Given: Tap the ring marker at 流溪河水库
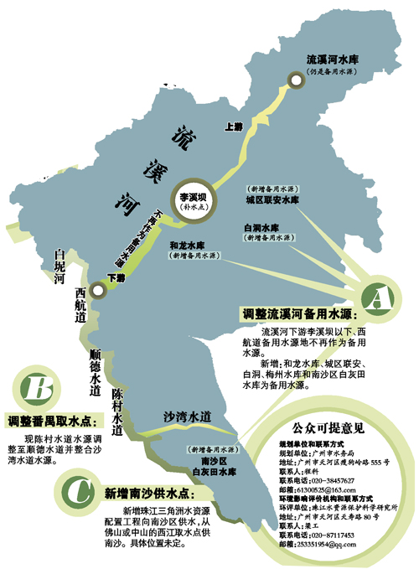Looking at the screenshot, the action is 296,80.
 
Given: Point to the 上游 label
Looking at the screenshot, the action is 234,127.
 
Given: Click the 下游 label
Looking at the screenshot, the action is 115,278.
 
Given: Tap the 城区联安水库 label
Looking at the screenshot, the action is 272,201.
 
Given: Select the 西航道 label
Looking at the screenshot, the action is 80,303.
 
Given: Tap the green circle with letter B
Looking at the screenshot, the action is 34,388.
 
